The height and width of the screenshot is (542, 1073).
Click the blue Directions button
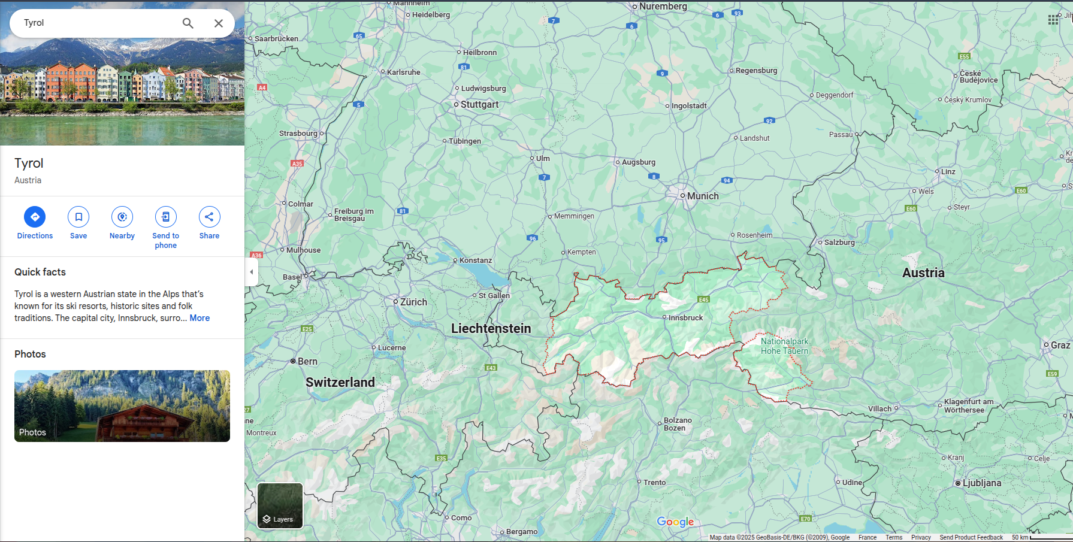35,217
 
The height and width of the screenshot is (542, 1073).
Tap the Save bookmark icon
78,217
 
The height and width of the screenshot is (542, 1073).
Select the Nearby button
122,217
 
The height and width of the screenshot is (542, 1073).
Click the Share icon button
209,217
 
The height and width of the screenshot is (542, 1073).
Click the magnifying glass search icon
188,23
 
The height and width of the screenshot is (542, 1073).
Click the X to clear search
219,23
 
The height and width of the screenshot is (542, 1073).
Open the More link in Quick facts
200,318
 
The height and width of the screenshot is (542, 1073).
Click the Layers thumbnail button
280,505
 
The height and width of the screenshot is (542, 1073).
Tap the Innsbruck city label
685,318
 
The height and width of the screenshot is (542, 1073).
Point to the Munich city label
702,196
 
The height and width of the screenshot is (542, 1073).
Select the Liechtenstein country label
491,328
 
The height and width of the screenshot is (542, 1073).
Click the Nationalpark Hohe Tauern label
784,346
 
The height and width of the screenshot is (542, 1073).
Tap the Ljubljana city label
981,483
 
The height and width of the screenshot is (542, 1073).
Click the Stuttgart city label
479,104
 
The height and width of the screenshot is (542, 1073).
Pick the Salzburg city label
839,243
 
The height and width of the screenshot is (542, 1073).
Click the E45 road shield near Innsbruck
703,299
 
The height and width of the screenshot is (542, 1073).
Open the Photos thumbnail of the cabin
122,406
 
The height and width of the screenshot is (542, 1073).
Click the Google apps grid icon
1053,20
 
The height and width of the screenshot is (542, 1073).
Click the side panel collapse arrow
252,272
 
